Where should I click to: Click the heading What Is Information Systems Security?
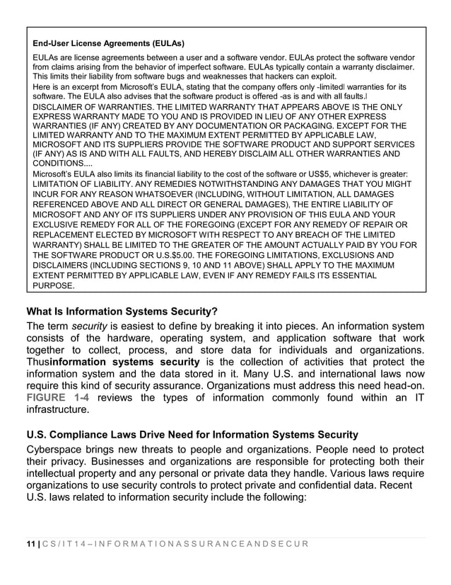(122, 311)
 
